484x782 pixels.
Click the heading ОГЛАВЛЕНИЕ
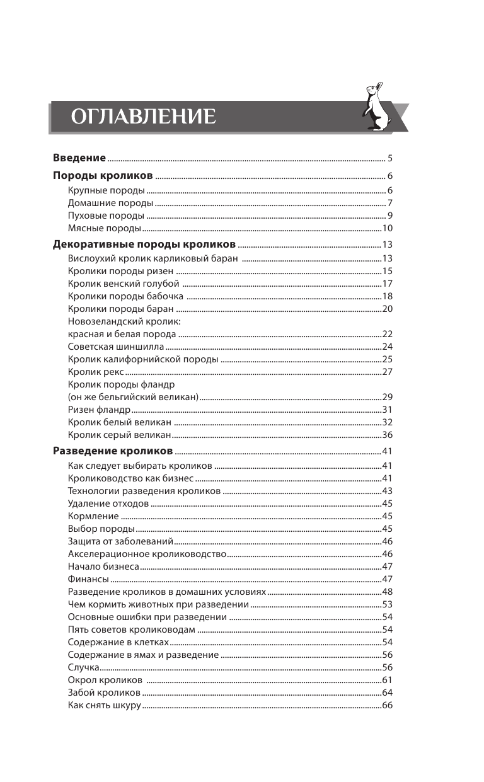(143, 117)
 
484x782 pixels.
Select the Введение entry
(79, 157)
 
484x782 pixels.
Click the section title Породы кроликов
(102, 175)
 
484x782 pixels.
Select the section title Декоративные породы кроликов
(144, 244)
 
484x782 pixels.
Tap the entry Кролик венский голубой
(124, 284)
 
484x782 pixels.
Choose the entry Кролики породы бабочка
(125, 296)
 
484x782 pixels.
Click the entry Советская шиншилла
(116, 347)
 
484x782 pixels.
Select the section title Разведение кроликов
(112, 451)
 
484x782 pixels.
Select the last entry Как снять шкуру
(104, 705)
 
